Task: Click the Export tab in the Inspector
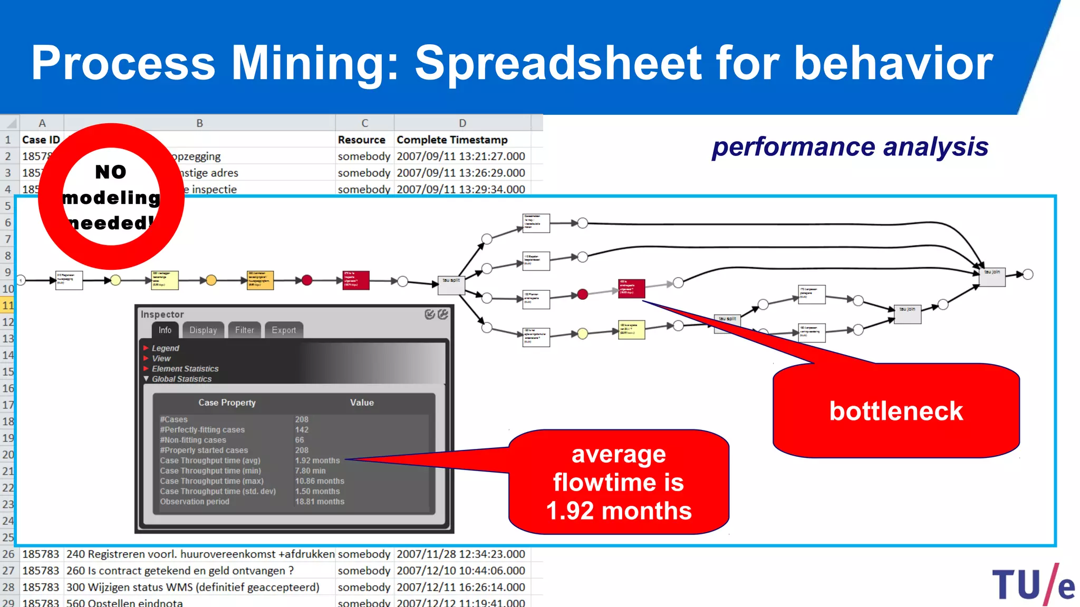pyautogui.click(x=284, y=330)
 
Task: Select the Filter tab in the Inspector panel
pyautogui.click(x=244, y=330)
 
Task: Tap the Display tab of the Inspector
pyautogui.click(x=203, y=330)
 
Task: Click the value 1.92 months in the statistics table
pyautogui.click(x=317, y=461)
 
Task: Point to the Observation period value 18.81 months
pyautogui.click(x=320, y=502)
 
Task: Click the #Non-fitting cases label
pyautogui.click(x=193, y=440)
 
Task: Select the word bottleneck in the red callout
pyautogui.click(x=896, y=411)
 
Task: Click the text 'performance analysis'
pyautogui.click(x=850, y=147)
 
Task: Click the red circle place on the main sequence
pyautogui.click(x=307, y=280)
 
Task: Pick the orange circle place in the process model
pyautogui.click(x=211, y=280)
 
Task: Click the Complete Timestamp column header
pyautogui.click(x=452, y=140)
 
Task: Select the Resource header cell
pyautogui.click(x=362, y=140)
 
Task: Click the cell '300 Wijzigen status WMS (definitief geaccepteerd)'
pyautogui.click(x=193, y=587)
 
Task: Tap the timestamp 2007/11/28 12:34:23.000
pyautogui.click(x=461, y=554)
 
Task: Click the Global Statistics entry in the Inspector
pyautogui.click(x=181, y=379)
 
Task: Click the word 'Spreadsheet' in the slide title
pyautogui.click(x=558, y=63)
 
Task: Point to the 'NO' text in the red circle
pyautogui.click(x=111, y=172)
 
